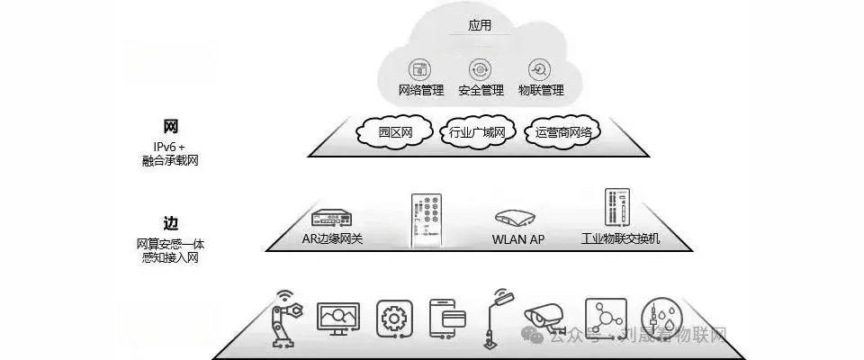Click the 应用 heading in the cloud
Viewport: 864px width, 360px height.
click(481, 25)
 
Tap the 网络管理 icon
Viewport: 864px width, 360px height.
click(420, 69)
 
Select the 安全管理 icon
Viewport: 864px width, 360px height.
click(481, 69)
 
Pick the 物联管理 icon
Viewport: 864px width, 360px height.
click(540, 69)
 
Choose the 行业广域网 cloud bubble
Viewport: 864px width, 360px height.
click(477, 133)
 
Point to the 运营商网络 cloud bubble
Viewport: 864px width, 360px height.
click(563, 133)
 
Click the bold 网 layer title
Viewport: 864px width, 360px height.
click(171, 126)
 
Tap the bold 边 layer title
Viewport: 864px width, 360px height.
click(171, 223)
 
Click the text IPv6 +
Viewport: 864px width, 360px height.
click(169, 146)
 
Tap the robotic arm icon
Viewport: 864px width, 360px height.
click(287, 317)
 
